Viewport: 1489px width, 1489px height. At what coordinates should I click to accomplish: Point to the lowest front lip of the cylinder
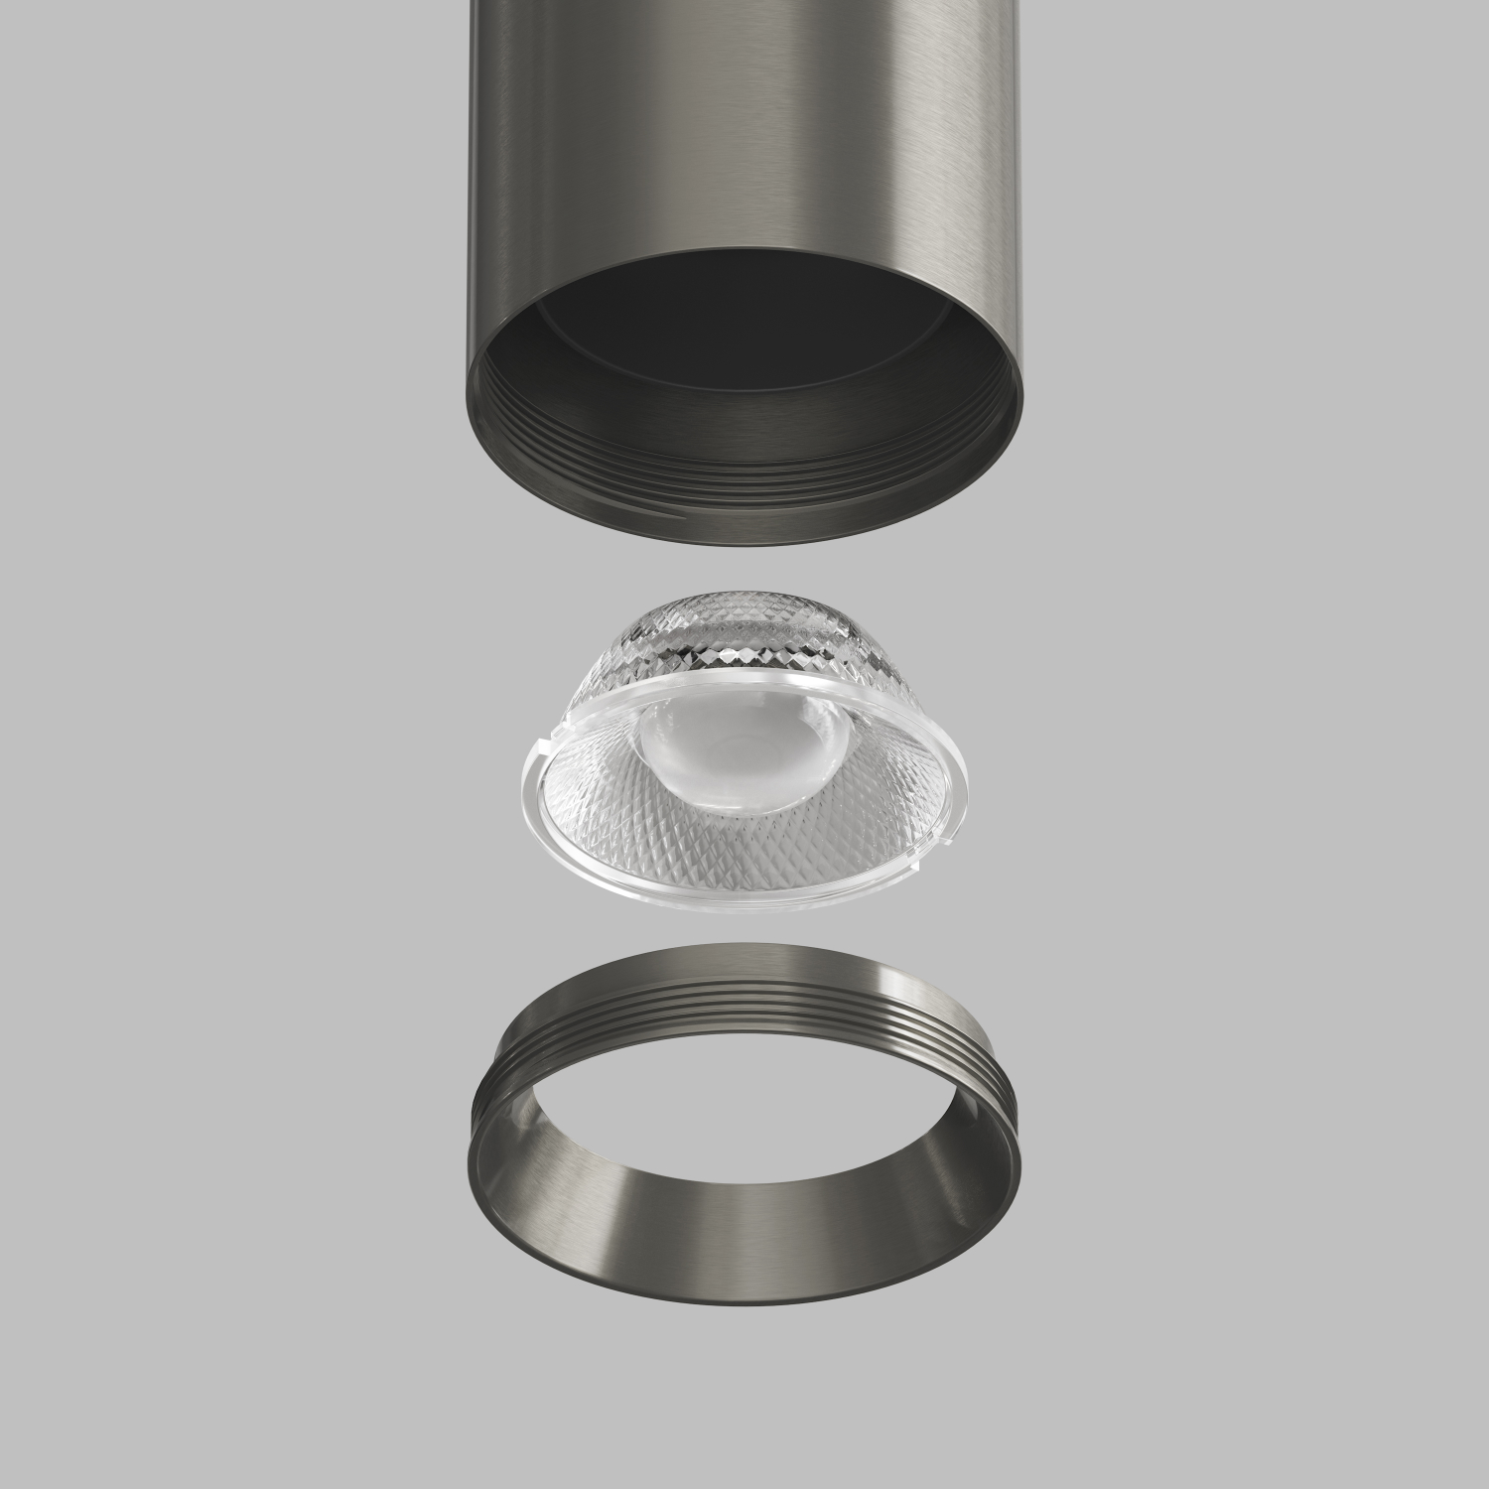coord(744,536)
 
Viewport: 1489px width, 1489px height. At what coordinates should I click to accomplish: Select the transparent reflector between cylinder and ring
coord(744,754)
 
